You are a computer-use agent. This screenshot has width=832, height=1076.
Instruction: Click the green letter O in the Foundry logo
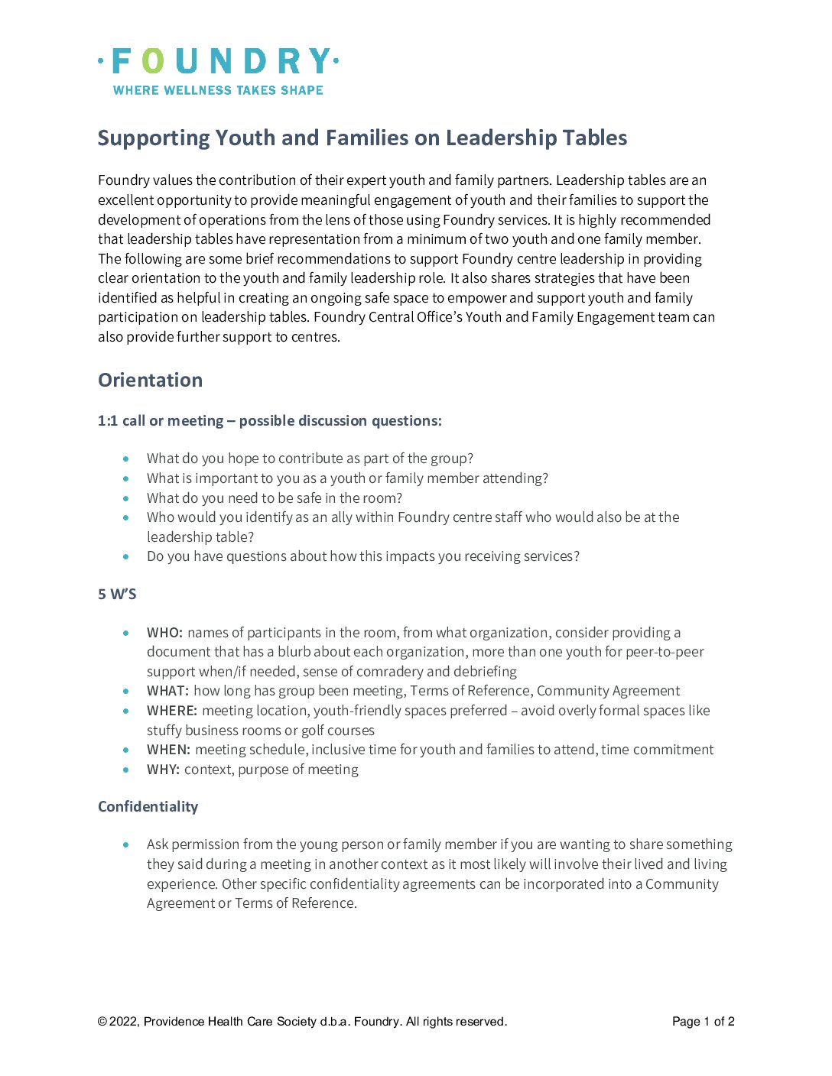[153, 62]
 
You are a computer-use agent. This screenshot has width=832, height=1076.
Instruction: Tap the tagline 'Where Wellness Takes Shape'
[218, 90]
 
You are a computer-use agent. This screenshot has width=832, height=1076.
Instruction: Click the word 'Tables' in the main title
[594, 138]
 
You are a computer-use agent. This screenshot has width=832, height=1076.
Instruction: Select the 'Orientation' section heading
[150, 380]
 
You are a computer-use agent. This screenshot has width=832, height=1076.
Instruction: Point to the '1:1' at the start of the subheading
[108, 421]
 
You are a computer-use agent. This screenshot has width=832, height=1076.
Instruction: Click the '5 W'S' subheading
[117, 594]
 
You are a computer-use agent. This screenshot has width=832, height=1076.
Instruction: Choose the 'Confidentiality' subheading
[148, 807]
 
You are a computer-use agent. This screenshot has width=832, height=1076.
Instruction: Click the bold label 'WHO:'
[164, 633]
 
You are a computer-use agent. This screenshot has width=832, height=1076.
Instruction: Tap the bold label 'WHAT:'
[167, 691]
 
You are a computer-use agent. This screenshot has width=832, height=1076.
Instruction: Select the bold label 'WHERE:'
[172, 711]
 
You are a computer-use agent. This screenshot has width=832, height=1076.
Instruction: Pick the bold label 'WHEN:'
[168, 750]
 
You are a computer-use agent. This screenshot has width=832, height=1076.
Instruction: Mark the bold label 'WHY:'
[163, 770]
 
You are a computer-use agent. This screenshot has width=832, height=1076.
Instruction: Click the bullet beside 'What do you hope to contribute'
[126, 459]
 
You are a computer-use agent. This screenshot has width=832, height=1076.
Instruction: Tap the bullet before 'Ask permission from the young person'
[126, 844]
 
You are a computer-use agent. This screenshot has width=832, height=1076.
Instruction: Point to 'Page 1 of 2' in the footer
[703, 1022]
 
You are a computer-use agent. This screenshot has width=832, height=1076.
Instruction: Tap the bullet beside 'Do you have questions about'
[126, 556]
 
